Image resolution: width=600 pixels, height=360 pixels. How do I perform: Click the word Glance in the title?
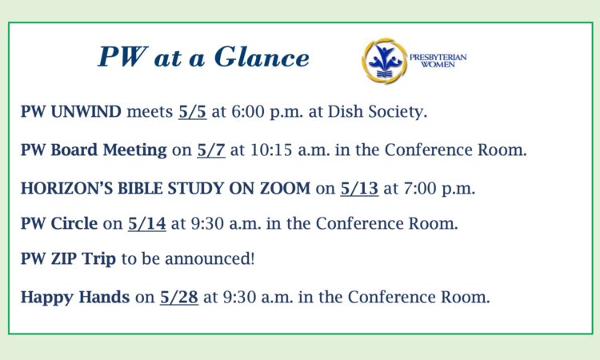[262, 57]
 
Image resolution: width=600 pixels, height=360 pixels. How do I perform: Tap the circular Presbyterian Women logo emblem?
[385, 61]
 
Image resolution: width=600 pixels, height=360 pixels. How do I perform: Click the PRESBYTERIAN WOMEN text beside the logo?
[438, 61]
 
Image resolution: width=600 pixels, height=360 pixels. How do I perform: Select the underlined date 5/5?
[193, 112]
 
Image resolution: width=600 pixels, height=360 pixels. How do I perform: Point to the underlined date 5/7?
[211, 150]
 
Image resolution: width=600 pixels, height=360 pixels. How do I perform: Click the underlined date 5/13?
[359, 188]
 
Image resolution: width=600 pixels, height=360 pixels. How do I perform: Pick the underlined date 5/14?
[147, 223]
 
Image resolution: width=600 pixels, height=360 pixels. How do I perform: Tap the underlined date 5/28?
[179, 297]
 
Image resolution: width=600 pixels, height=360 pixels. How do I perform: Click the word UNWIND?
[86, 112]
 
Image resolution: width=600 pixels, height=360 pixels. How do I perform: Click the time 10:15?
[271, 150]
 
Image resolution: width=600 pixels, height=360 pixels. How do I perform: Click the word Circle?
[74, 223]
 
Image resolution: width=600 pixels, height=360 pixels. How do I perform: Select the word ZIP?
[64, 258]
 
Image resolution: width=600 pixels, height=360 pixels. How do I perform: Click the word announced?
[209, 258]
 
